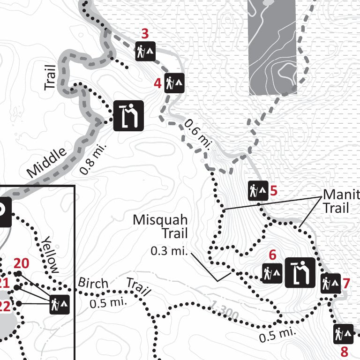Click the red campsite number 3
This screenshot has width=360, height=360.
145,34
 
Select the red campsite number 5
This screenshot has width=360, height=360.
274,191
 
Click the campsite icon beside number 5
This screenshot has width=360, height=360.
258,190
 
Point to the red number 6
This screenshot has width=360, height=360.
273,255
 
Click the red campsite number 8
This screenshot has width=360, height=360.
345,351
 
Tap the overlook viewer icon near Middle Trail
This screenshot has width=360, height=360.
128,115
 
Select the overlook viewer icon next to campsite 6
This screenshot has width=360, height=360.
300,272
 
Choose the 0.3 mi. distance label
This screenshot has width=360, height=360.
169,251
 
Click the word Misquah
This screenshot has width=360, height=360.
160,219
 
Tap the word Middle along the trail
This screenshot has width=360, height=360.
47,163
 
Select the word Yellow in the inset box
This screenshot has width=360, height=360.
50,254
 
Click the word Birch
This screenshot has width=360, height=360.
93,283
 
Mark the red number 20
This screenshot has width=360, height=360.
22,263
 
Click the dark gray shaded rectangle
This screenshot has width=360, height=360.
273,47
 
